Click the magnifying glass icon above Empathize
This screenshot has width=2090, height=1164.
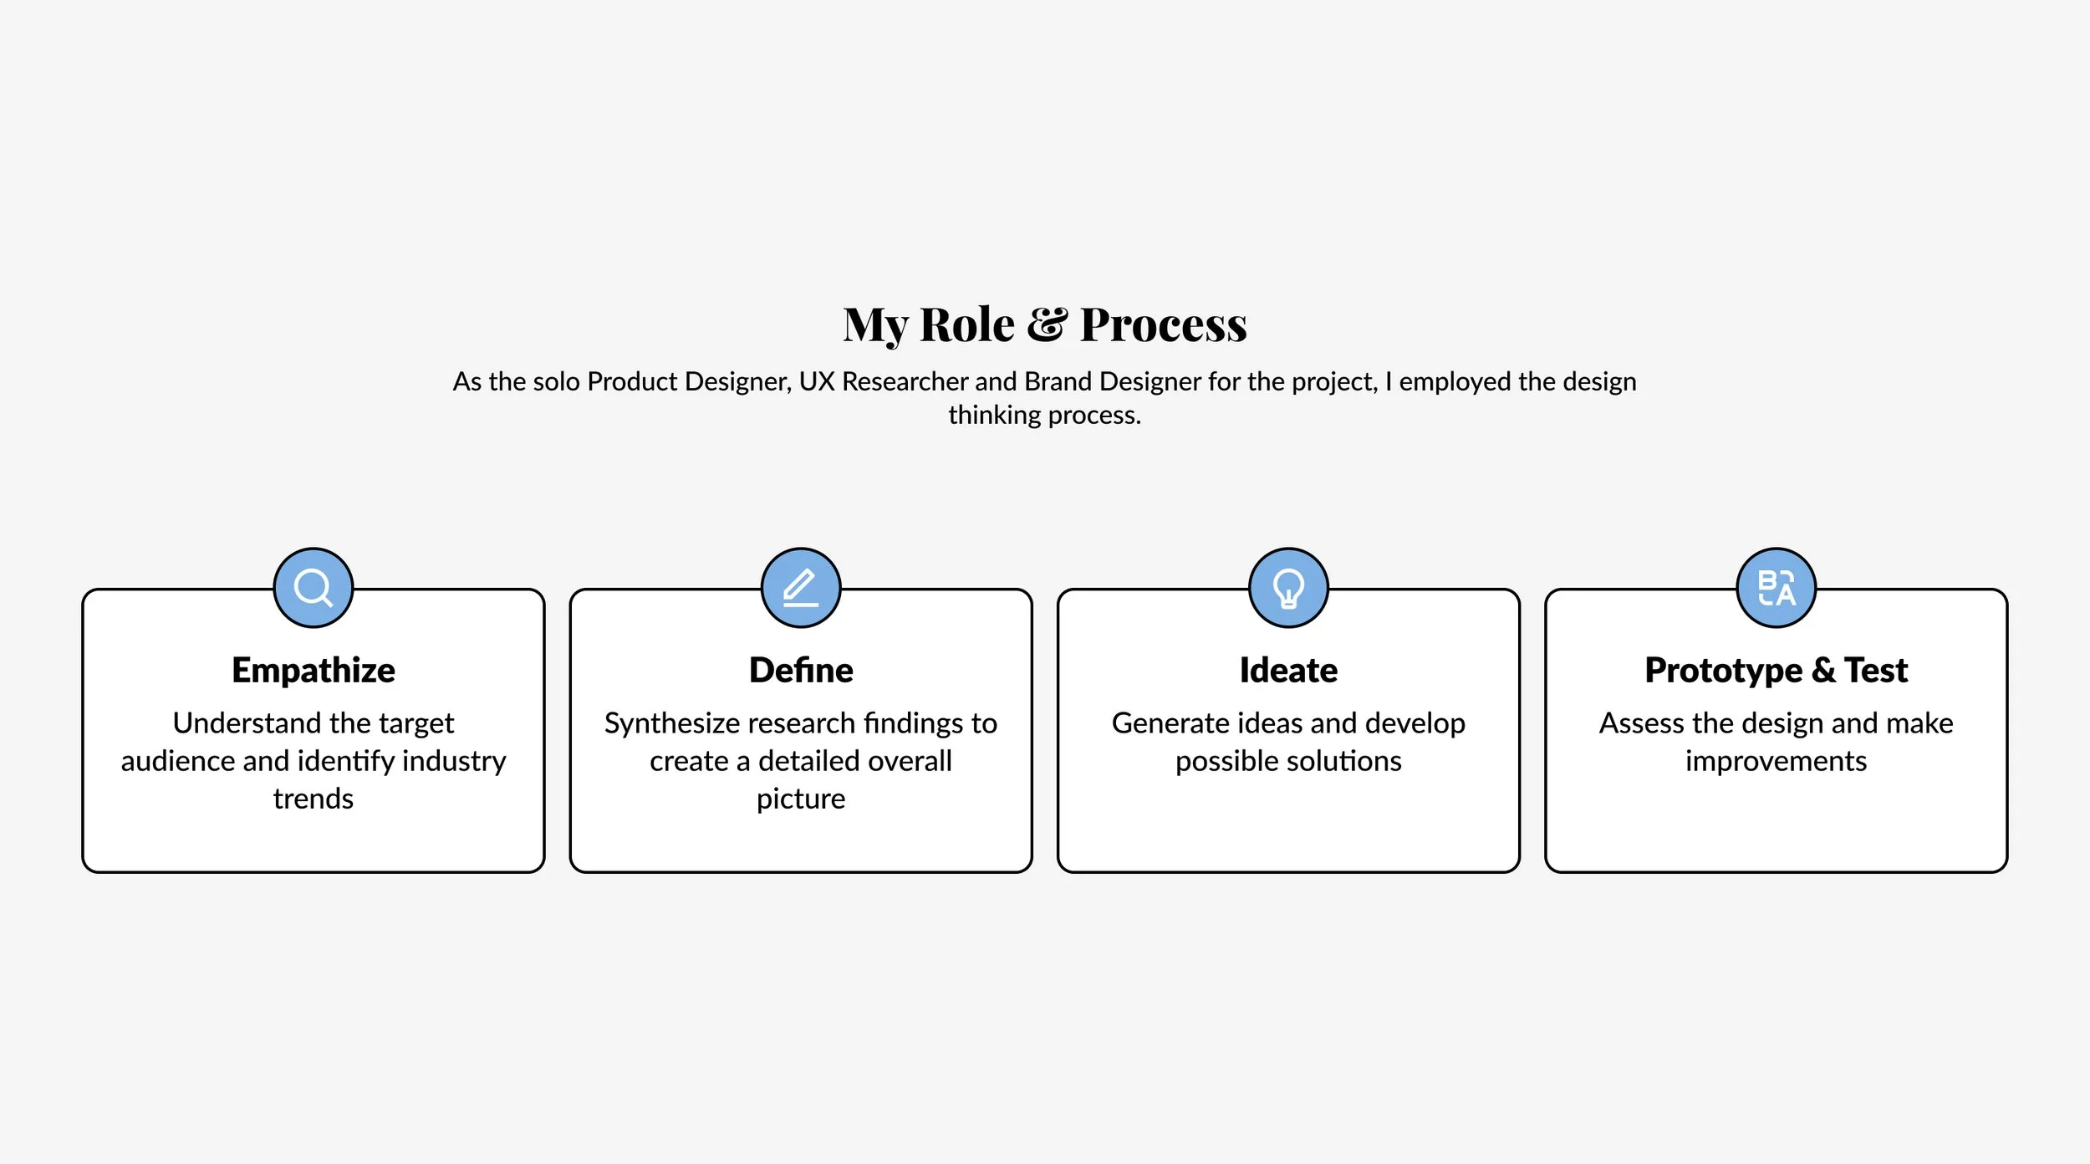pyautogui.click(x=313, y=588)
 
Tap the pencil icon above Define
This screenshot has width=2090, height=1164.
pyautogui.click(x=801, y=588)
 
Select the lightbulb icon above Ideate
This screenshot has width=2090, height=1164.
pyautogui.click(x=1288, y=588)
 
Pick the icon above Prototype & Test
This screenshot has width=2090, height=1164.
pyautogui.click(x=1776, y=588)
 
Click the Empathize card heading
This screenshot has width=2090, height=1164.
pyautogui.click(x=313, y=671)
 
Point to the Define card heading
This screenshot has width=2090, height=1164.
pyautogui.click(x=801, y=671)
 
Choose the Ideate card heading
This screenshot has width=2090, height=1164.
pyautogui.click(x=1288, y=671)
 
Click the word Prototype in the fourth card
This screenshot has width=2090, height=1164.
pyautogui.click(x=1723, y=671)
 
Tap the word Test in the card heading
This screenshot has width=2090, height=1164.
pyautogui.click(x=1876, y=671)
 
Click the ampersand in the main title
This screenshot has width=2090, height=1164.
pyautogui.click(x=1047, y=324)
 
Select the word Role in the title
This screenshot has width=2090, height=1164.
pyautogui.click(x=967, y=324)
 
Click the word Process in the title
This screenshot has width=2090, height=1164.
pyautogui.click(x=1163, y=324)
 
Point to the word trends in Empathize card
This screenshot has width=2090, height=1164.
pyautogui.click(x=313, y=799)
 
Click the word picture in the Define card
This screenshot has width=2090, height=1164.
pyautogui.click(x=801, y=799)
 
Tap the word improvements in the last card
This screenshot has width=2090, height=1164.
pyautogui.click(x=1776, y=762)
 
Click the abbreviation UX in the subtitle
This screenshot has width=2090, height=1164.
pyautogui.click(x=817, y=382)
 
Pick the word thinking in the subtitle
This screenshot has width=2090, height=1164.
pyautogui.click(x=994, y=416)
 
